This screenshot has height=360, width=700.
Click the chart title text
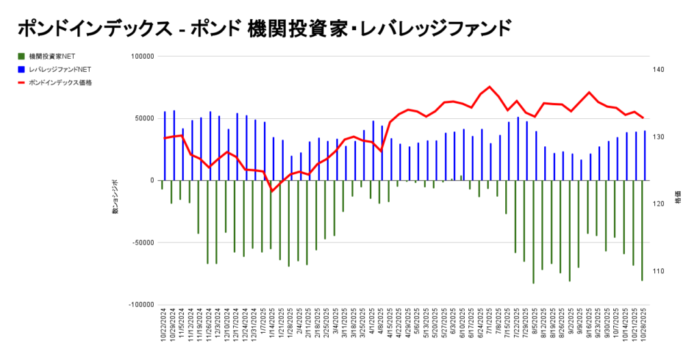click(263, 28)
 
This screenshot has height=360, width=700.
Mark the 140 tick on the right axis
click(659, 70)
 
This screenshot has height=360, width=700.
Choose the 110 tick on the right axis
click(659, 271)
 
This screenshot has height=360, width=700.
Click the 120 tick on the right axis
click(659, 204)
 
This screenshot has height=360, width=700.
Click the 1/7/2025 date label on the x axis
click(264, 331)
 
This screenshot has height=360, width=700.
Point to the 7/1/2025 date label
click(490, 331)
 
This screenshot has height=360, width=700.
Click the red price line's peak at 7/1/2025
click(490, 87)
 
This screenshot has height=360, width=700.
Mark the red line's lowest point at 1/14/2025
click(272, 191)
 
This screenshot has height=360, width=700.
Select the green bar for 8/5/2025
click(533, 232)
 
